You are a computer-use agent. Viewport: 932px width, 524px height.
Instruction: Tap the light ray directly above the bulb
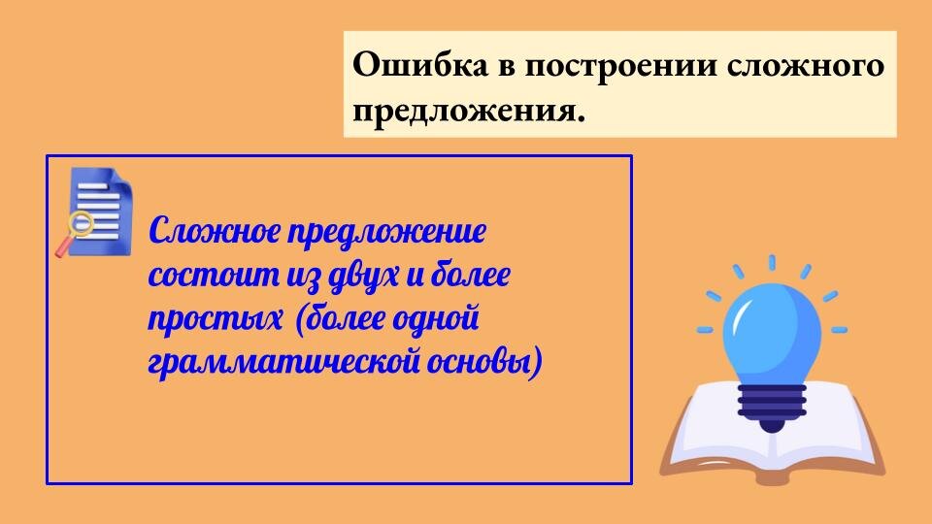click(772, 264)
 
